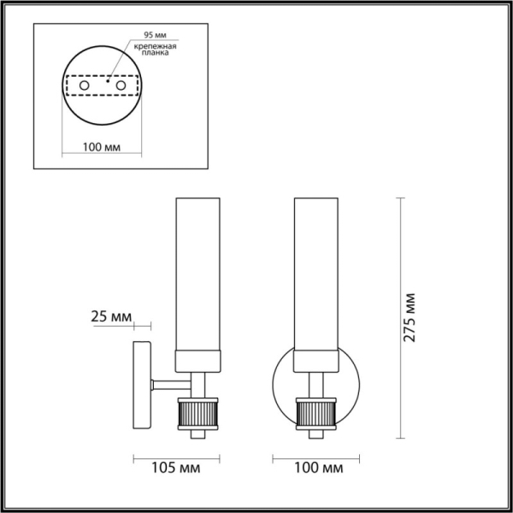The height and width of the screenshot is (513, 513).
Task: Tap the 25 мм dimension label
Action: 110,318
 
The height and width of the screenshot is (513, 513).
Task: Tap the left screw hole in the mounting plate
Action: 84,86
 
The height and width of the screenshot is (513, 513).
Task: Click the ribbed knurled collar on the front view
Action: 315,416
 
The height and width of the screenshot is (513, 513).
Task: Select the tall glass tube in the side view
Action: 198,274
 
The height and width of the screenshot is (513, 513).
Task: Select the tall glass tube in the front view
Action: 315,274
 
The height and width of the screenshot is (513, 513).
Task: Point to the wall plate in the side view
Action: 141,384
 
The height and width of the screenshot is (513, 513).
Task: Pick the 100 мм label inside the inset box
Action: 100,147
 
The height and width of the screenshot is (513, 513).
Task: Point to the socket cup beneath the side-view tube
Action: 198,362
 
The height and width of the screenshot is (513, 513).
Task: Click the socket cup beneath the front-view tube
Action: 315,362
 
